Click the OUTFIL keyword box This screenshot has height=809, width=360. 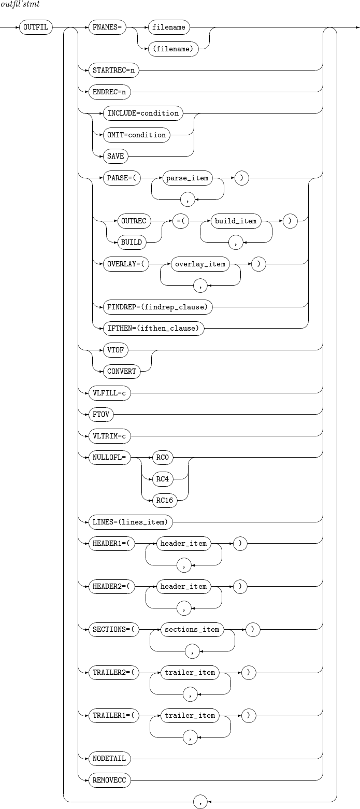pos(35,27)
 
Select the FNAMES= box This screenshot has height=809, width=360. pos(107,27)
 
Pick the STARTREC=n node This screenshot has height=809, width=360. pos(112,70)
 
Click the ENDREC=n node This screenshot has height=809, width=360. pos(109,92)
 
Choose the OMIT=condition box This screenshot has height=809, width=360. pos(136,135)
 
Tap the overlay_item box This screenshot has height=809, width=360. pos(200,264)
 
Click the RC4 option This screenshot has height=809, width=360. pos(163,479)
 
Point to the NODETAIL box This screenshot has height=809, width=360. pos(109,758)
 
